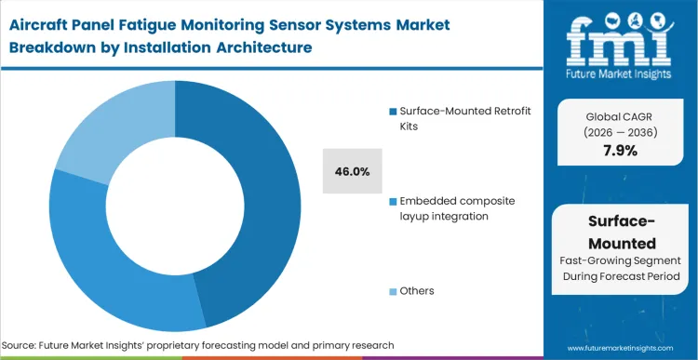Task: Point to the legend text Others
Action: tap(417, 290)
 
